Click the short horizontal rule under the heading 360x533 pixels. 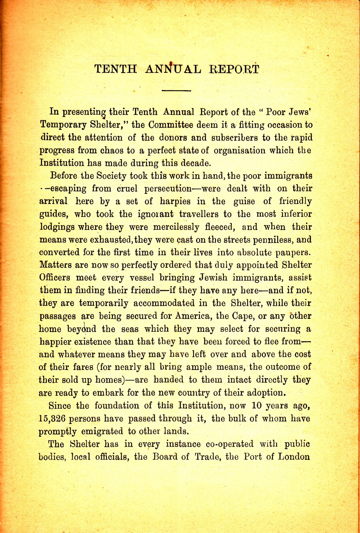point(176,90)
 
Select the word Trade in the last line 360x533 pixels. point(207,457)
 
